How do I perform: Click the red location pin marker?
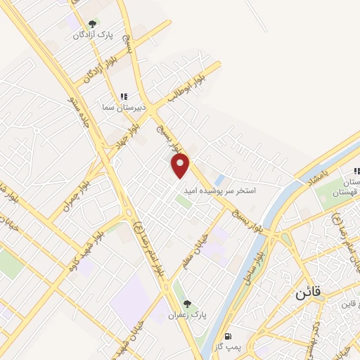click(x=181, y=167)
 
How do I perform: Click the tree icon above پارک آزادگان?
click(x=92, y=23)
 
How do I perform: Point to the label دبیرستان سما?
click(x=124, y=107)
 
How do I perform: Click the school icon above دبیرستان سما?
click(x=124, y=96)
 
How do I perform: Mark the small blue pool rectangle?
click(x=219, y=179)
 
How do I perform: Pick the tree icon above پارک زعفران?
click(x=186, y=304)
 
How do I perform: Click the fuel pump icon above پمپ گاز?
click(x=228, y=336)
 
